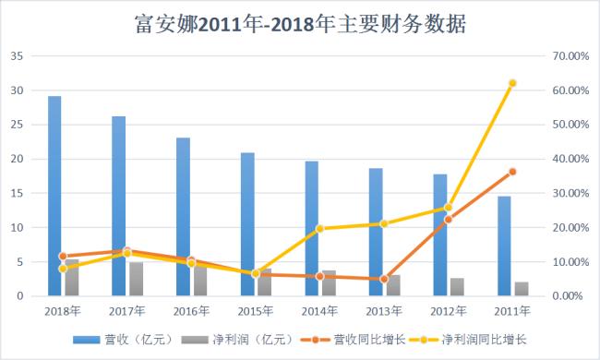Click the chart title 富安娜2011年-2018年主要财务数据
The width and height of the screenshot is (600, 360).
[x=299, y=23]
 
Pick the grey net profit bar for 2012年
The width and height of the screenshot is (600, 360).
[x=457, y=287]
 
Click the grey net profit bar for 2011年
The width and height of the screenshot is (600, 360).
[x=522, y=289]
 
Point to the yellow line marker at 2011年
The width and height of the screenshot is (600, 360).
[x=512, y=83]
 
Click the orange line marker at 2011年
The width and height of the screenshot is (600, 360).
[x=512, y=172]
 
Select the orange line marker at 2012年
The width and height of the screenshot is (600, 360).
[x=449, y=220]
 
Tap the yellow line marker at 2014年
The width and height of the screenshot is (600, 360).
[x=319, y=228]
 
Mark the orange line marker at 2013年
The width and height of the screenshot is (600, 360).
[x=384, y=279]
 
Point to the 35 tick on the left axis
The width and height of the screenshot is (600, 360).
[x=17, y=56]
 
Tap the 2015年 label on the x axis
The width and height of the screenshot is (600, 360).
[x=255, y=311]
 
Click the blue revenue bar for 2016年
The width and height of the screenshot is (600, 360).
[x=184, y=217]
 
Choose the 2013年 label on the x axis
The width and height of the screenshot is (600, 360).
[x=384, y=311]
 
